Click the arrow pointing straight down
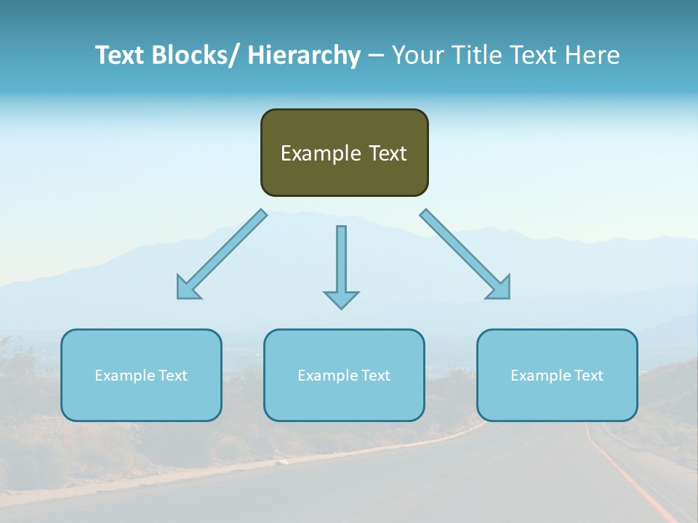[341, 261]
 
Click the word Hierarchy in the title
[304, 55]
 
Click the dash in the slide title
[376, 56]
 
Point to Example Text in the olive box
[344, 153]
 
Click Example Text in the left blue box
[141, 376]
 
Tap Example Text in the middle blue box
[344, 376]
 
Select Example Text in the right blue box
[557, 376]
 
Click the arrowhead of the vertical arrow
[341, 299]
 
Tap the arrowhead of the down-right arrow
[501, 289]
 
